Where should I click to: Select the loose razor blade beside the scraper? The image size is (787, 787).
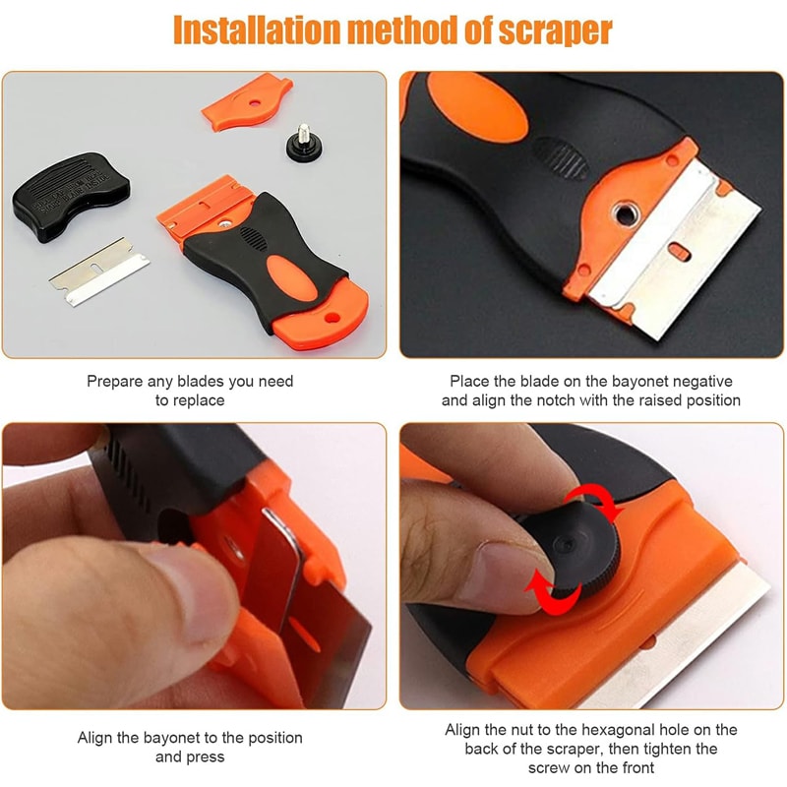(99, 268)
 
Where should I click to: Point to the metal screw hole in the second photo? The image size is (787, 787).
(623, 211)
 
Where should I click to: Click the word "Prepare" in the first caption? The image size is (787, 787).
(117, 381)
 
